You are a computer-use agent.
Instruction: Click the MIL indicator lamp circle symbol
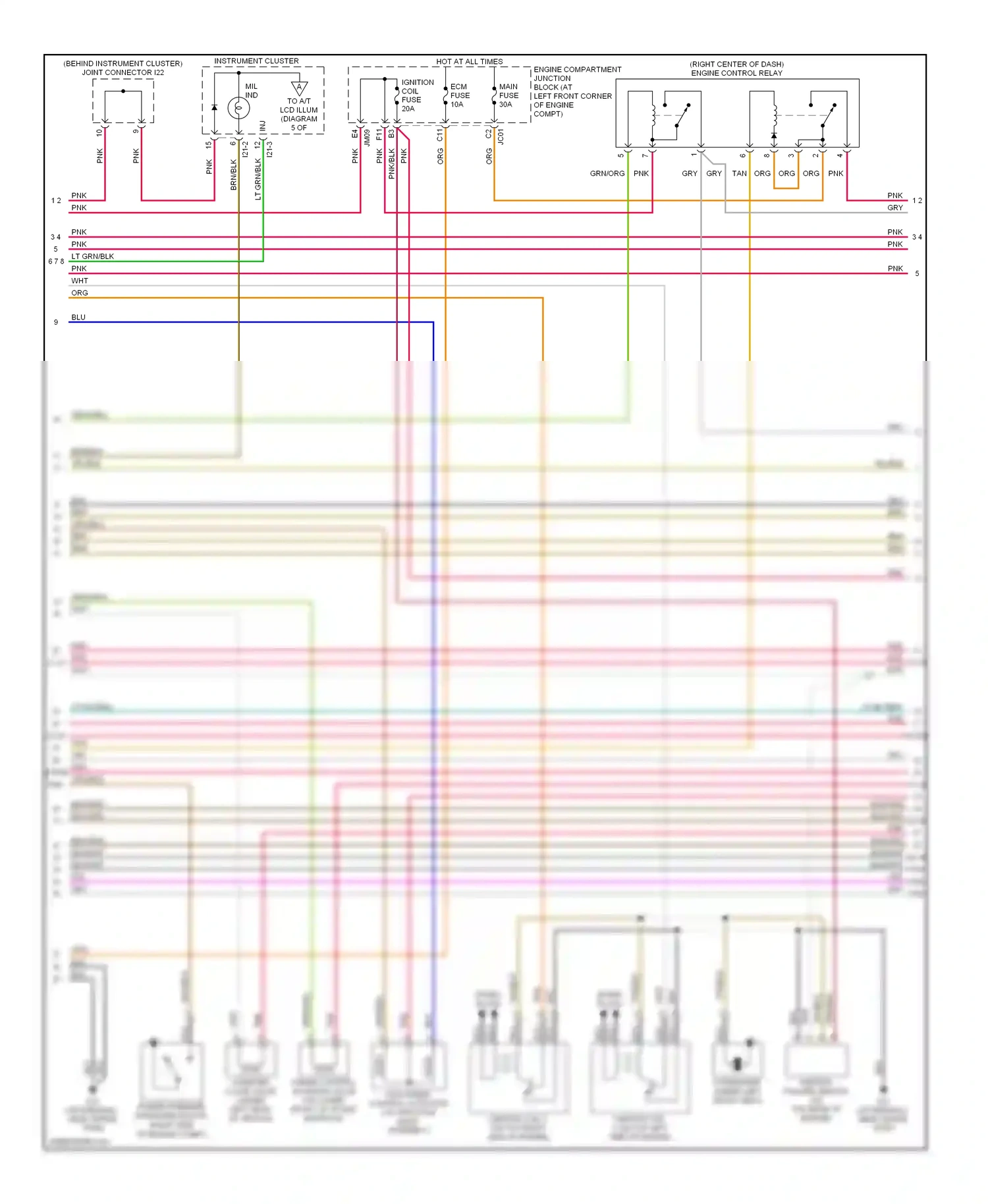pos(238,107)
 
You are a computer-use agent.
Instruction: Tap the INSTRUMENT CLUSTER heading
pos(256,61)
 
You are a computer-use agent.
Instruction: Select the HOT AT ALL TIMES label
pos(469,62)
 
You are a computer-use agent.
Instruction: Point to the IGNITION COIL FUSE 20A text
pos(417,96)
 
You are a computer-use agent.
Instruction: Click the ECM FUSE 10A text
pos(460,96)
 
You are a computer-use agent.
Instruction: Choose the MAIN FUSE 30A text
pos(508,96)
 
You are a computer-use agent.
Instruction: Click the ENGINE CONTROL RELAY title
pos(736,73)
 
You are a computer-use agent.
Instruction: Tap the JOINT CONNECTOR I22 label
pos(123,72)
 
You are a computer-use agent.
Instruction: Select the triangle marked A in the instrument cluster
pos(299,88)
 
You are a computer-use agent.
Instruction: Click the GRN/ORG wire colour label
pos(607,174)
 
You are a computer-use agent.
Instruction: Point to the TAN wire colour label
pos(739,174)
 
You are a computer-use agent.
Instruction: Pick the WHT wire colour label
pos(80,281)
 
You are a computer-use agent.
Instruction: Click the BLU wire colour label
pos(78,317)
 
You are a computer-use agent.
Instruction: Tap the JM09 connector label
pos(367,137)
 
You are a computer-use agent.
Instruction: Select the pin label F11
pos(379,134)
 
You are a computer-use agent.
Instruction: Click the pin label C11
pos(440,134)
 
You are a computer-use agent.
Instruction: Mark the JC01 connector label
pos(501,136)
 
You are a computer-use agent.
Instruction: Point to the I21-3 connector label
pos(269,150)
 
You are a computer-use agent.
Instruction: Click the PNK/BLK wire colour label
pos(392,163)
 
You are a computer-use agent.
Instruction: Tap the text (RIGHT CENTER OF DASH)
pos(736,65)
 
